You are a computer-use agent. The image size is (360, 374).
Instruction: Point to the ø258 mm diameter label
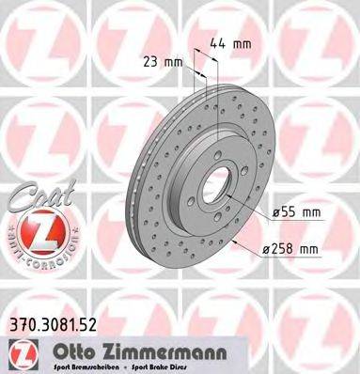(x=290, y=248)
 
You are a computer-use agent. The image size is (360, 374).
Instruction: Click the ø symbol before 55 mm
(x=268, y=215)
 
